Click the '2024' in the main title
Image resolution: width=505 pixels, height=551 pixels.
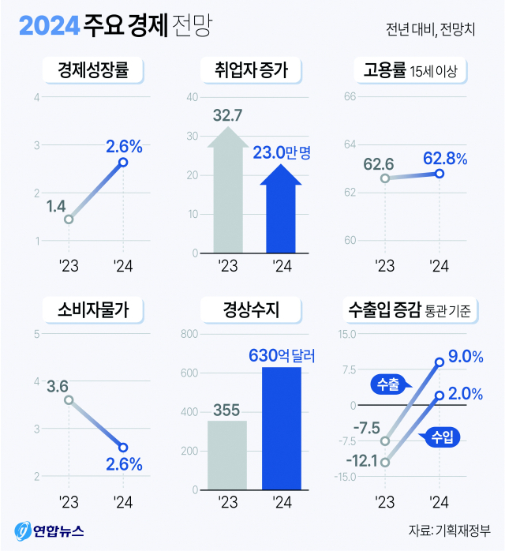pos(49,27)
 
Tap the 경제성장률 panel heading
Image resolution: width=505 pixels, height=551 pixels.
pos(94,72)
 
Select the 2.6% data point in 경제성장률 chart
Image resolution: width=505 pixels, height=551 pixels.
pos(123,163)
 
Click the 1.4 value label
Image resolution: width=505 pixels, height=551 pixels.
pos(56,207)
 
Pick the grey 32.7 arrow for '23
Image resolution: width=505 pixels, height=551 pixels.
pos(227,193)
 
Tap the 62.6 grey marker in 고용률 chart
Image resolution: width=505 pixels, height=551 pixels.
pos(385,178)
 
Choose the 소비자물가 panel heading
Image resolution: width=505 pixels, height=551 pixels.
pos(94,309)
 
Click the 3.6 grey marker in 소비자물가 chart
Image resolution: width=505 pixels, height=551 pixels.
pos(69,400)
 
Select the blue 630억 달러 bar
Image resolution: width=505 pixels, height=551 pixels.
pos(281,429)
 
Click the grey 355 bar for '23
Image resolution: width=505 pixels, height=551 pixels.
pos(227,455)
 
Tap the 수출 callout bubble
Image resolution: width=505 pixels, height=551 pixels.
pos(388,385)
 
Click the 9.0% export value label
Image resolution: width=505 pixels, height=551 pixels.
pos(465,357)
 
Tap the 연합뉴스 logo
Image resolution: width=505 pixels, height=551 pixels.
pos(49,530)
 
